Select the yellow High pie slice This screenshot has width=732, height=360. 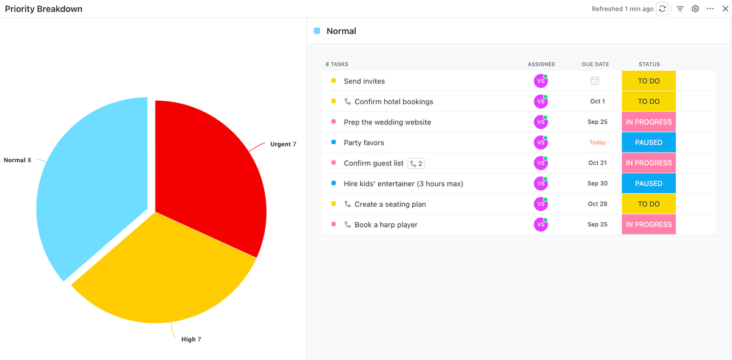tap(165, 275)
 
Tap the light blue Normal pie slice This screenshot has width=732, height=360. tap(91, 183)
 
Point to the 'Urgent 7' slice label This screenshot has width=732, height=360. tap(283, 145)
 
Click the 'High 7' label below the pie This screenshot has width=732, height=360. tap(191, 339)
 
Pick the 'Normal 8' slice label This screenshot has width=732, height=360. tap(18, 160)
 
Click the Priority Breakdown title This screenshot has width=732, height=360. tap(44, 9)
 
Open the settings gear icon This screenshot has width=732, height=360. tap(695, 9)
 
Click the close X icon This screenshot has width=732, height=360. tap(725, 9)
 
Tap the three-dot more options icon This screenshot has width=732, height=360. tap(710, 9)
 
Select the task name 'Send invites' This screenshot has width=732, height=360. tap(364, 81)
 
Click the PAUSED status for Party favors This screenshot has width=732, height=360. tap(648, 143)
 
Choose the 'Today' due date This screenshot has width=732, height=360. tap(597, 143)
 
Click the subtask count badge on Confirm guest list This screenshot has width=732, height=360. tap(416, 164)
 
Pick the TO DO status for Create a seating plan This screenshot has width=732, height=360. tap(648, 204)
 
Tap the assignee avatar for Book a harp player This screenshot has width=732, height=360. tap(540, 225)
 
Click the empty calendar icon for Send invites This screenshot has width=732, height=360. tap(595, 81)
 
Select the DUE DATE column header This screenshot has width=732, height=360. tap(595, 64)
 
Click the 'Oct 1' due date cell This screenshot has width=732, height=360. tap(597, 102)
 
